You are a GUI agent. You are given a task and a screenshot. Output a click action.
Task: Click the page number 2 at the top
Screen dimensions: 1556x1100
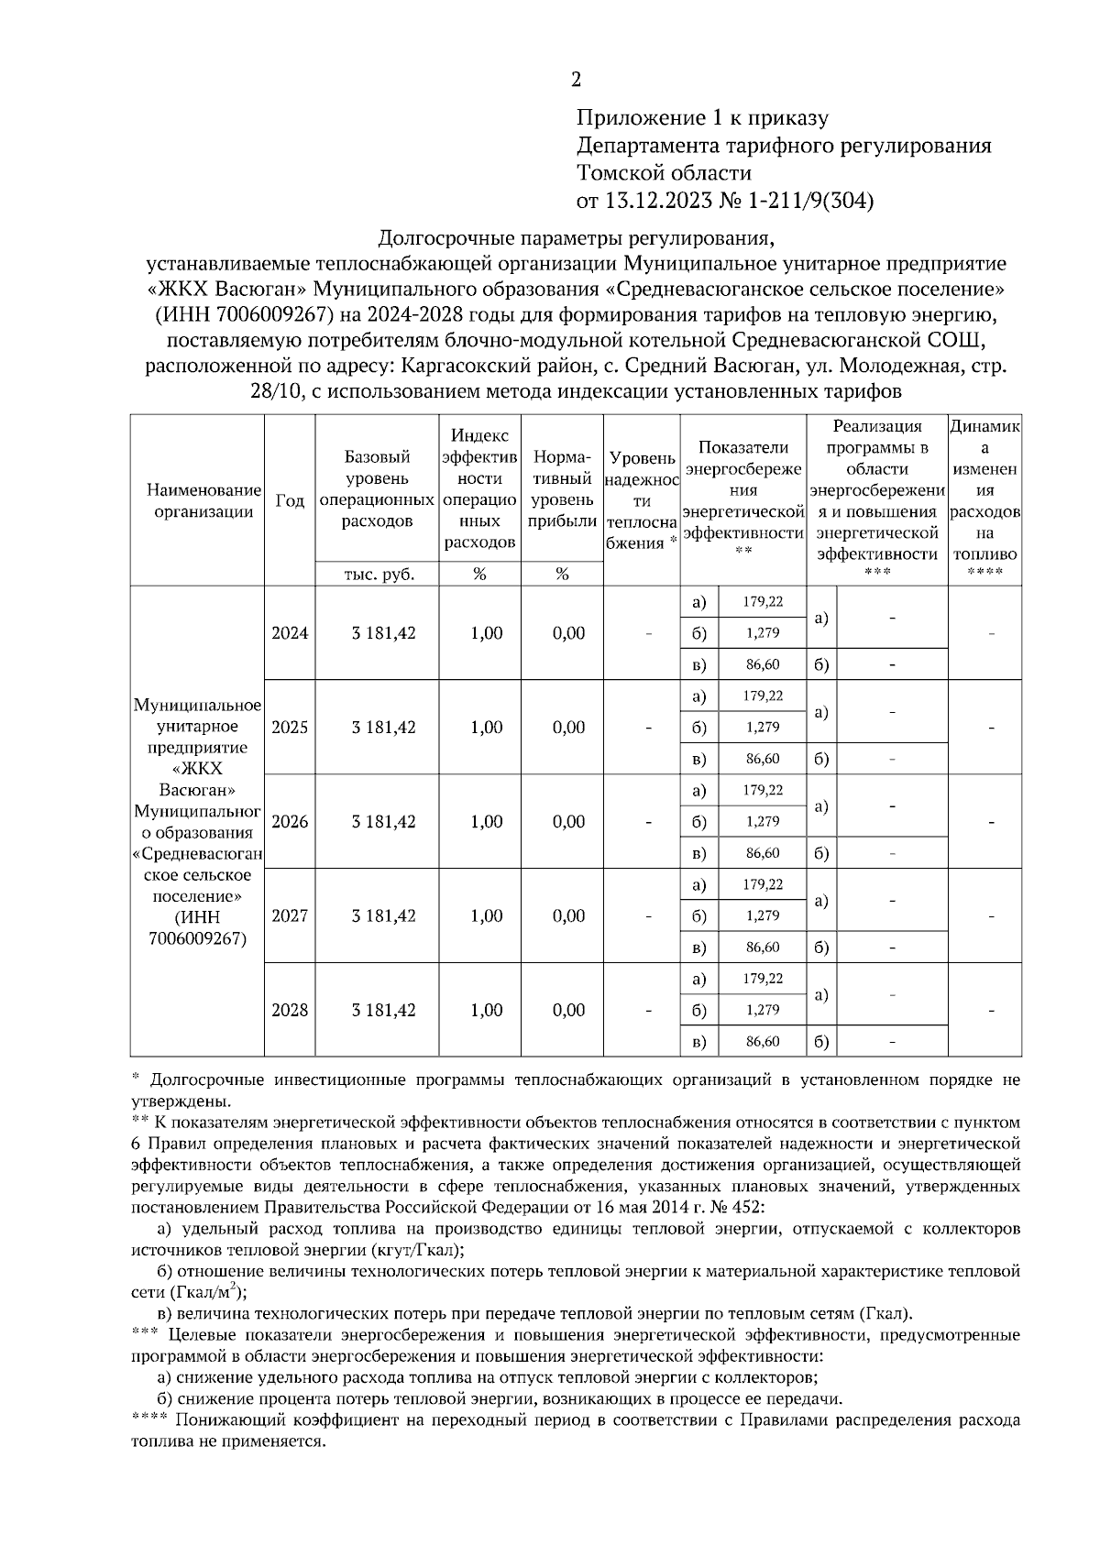[x=576, y=81]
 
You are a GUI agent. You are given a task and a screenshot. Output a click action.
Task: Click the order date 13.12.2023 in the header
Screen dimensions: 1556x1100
[x=652, y=201]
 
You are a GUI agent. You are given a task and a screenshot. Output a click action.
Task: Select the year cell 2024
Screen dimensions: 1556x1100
[x=290, y=633]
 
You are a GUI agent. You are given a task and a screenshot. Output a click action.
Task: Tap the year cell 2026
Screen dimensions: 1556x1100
[x=290, y=821]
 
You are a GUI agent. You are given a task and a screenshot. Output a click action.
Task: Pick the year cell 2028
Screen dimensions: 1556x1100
[x=290, y=1010]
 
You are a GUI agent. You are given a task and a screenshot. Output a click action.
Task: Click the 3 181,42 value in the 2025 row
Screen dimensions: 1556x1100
[x=383, y=728]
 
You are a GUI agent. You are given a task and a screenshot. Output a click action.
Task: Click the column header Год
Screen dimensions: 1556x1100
[x=290, y=500]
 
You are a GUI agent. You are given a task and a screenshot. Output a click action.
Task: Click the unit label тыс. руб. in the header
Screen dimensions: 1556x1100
[x=378, y=575]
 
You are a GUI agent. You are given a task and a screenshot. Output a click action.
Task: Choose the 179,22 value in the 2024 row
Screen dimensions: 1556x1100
[x=763, y=602]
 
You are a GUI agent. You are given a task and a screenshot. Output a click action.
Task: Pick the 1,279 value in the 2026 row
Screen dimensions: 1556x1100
[x=763, y=821]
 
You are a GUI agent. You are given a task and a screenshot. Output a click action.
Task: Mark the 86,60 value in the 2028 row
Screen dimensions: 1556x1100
[x=763, y=1041]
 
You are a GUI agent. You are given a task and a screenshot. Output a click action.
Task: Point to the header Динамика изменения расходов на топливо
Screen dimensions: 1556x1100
[x=984, y=490]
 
